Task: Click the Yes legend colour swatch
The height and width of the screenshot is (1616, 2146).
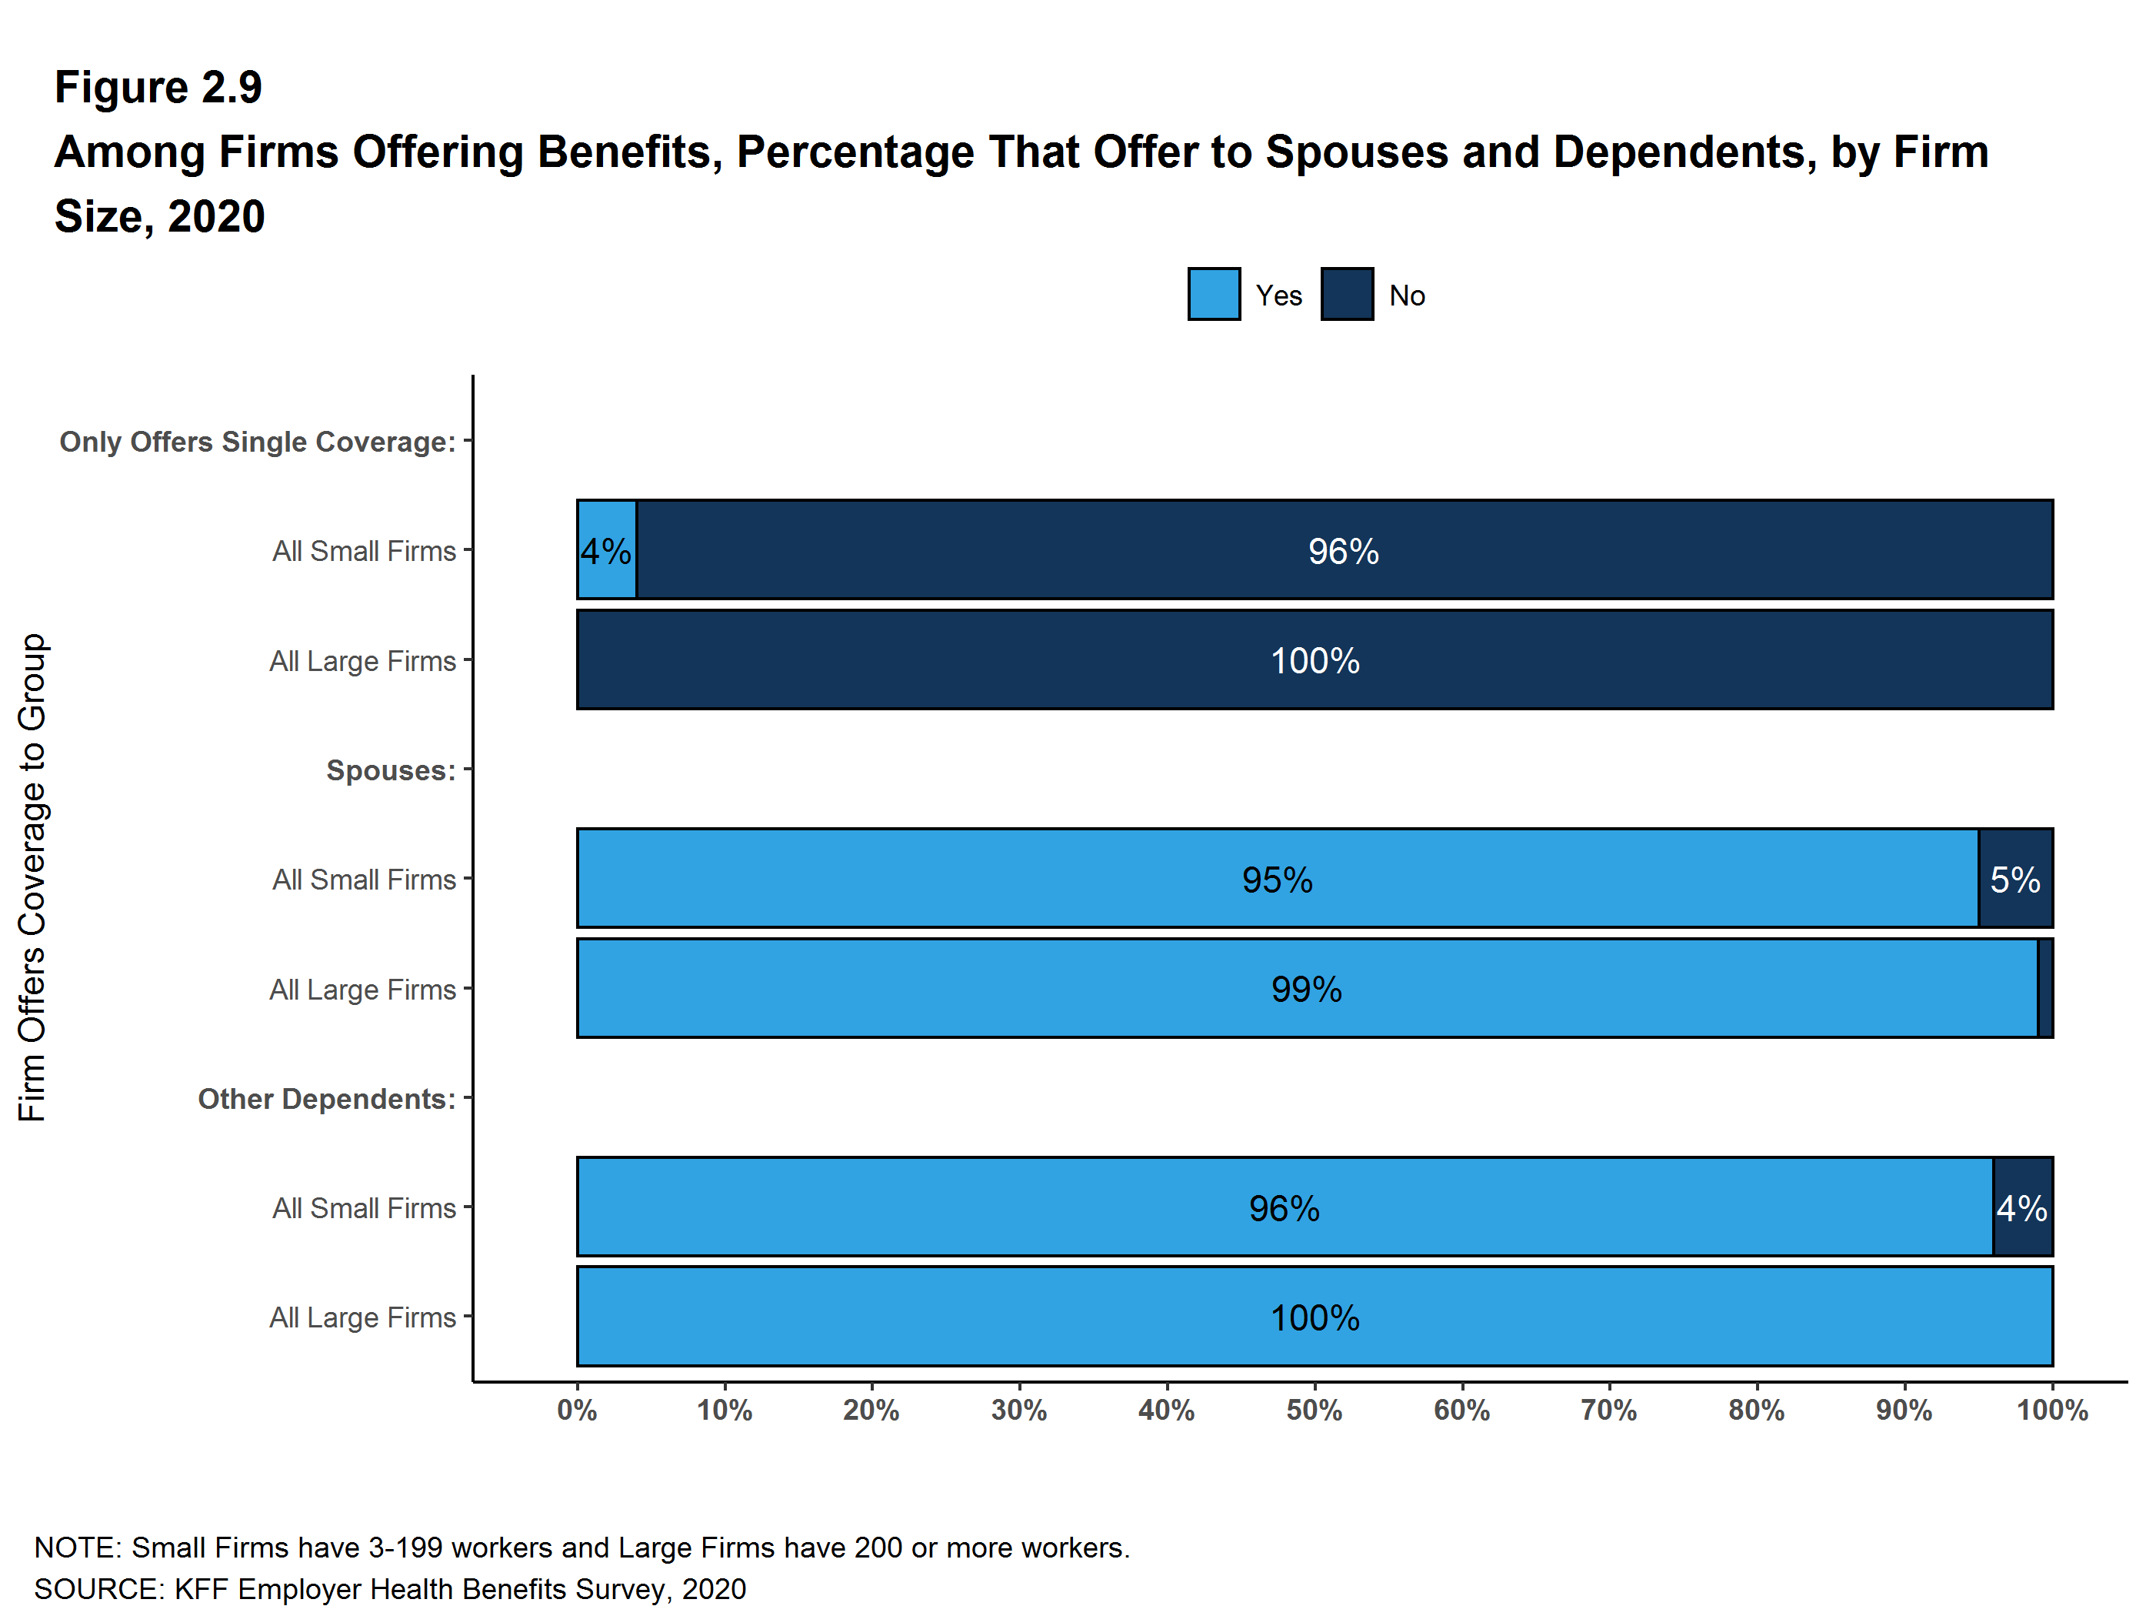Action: (1213, 294)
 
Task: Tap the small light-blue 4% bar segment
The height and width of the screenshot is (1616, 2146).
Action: (606, 550)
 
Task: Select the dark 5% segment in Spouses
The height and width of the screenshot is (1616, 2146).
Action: (2015, 878)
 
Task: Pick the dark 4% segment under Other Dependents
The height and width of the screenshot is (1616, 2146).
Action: (2022, 1207)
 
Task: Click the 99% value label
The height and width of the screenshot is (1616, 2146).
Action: (1306, 989)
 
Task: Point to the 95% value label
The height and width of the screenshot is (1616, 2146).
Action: (1277, 880)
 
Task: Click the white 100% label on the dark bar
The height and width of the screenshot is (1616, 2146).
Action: (1315, 661)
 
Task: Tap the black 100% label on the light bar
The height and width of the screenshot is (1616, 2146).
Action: (1315, 1318)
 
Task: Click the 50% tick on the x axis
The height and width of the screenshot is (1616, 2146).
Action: (1314, 1411)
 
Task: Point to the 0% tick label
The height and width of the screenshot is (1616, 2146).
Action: (576, 1411)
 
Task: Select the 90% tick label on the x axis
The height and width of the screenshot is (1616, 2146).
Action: (1904, 1411)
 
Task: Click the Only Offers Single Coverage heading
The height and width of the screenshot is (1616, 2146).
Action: (257, 442)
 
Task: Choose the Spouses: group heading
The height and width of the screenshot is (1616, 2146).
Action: (390, 770)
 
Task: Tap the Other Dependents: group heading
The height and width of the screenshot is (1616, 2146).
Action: (326, 1099)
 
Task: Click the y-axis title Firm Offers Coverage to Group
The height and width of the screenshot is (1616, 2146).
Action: (32, 877)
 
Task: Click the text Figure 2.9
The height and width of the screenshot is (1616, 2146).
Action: (158, 88)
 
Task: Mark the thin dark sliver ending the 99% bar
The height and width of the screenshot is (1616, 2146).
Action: (2045, 988)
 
